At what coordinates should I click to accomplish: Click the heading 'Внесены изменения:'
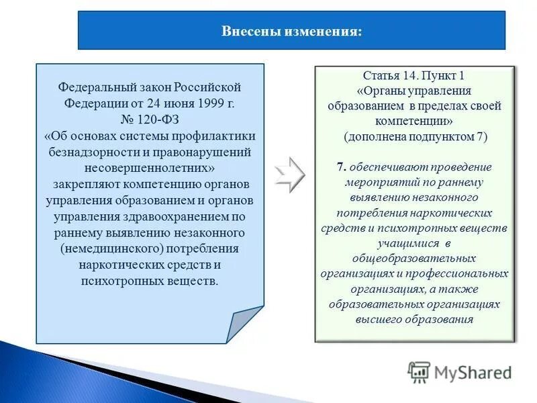[x=291, y=32]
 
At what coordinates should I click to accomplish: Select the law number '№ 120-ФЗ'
[x=149, y=120]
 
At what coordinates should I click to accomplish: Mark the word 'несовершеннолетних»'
[x=149, y=168]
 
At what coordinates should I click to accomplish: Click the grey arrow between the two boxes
[x=290, y=176]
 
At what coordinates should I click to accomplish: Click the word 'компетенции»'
[x=414, y=121]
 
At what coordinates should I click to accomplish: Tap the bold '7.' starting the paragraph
[x=342, y=167]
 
